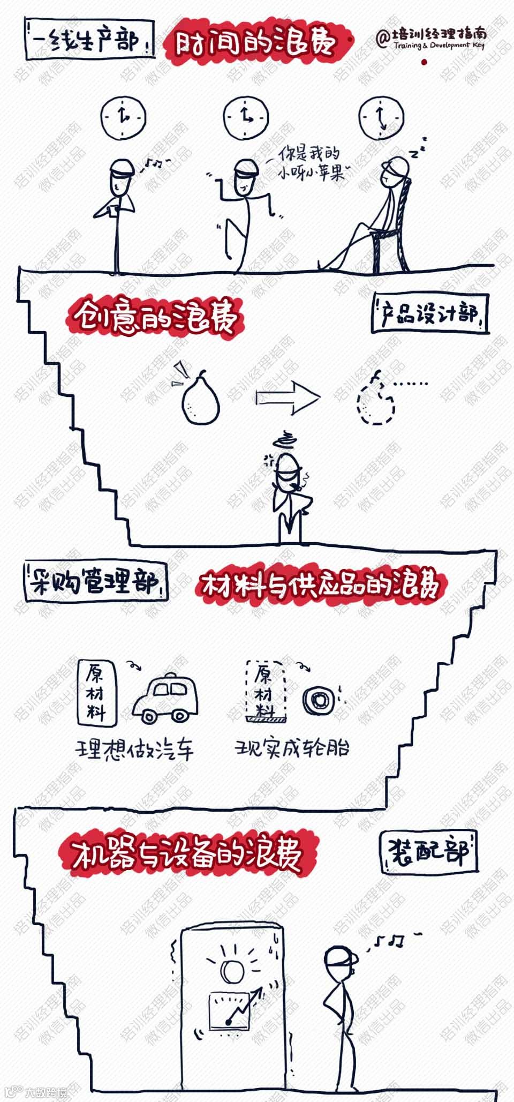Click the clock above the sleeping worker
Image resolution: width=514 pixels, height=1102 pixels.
click(x=381, y=118)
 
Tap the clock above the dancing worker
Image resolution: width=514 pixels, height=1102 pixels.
click(x=246, y=118)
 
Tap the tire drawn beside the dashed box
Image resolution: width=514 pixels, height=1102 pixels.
click(x=319, y=699)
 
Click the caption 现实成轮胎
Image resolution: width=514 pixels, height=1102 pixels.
click(x=292, y=748)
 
